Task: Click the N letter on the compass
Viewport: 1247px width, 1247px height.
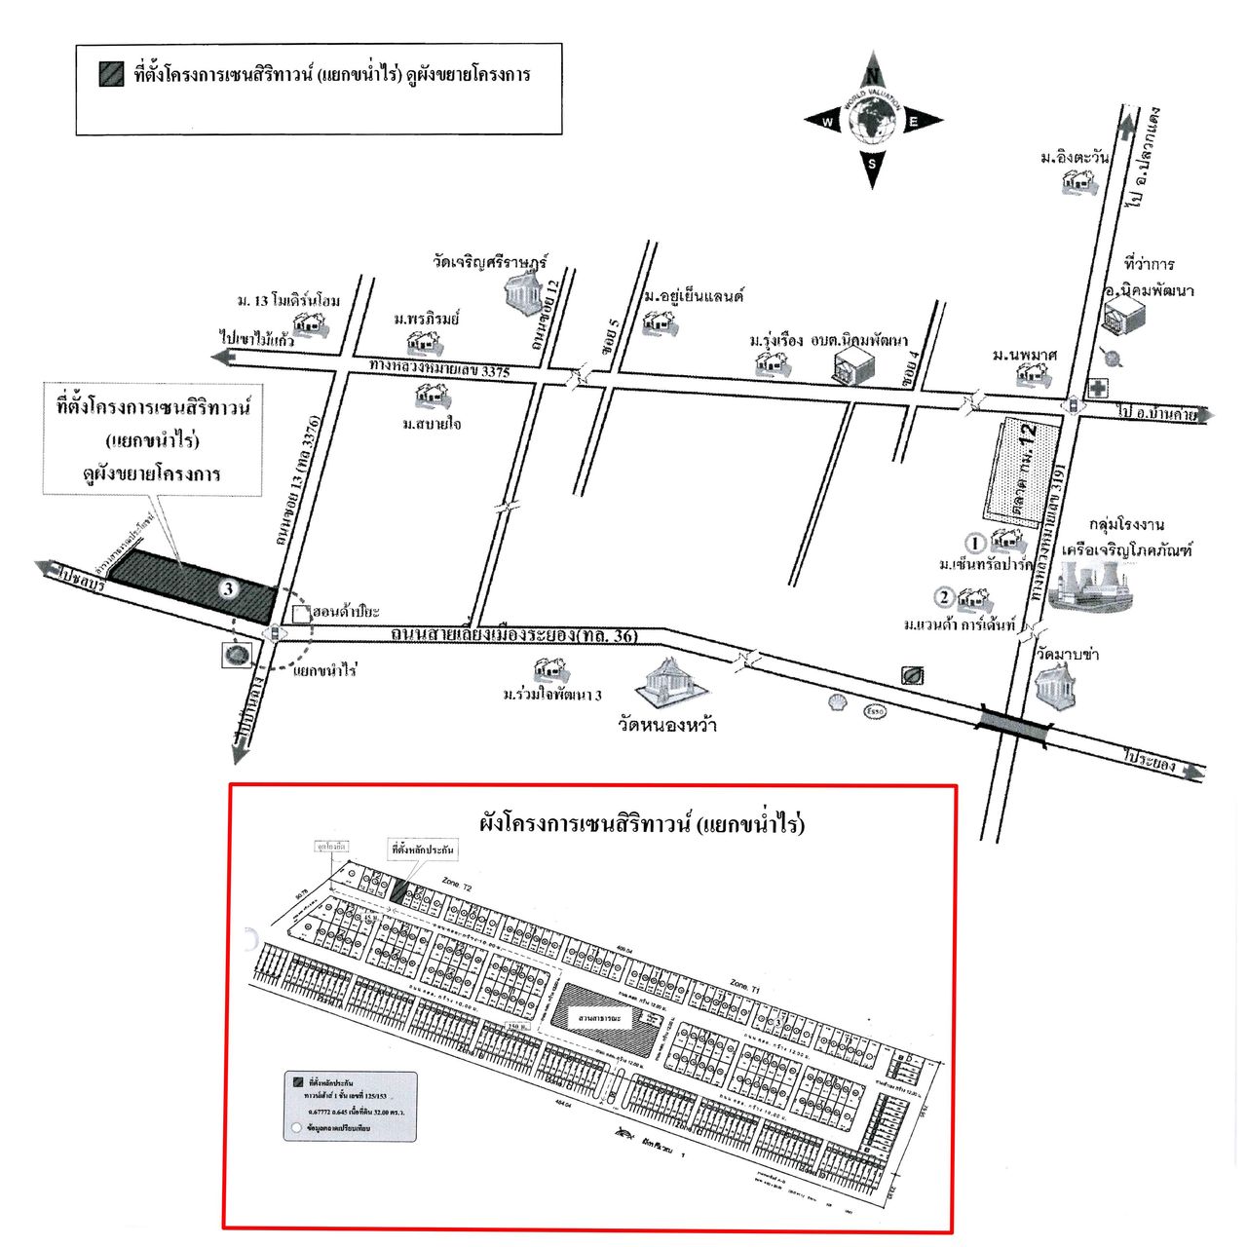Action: click(873, 76)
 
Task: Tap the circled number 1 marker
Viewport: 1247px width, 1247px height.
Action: click(974, 543)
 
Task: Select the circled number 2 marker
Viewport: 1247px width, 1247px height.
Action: click(943, 597)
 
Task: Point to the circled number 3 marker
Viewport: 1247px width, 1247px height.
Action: click(228, 588)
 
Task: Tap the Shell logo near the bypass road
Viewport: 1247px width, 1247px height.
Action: click(837, 701)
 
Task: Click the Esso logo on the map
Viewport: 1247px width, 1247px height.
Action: click(875, 712)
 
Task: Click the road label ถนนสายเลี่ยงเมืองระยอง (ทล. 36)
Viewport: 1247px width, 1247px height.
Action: click(513, 635)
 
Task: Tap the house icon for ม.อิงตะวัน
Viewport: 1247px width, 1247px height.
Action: click(1077, 182)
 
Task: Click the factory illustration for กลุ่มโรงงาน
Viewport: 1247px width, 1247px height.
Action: click(1092, 585)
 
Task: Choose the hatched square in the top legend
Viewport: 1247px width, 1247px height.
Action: click(111, 74)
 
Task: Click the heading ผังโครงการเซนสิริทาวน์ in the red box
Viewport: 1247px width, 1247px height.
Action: click(642, 823)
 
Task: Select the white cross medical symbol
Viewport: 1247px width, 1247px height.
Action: click(1098, 388)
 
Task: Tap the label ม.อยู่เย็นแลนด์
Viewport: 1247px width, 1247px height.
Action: click(693, 296)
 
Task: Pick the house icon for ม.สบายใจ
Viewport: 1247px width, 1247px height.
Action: click(431, 396)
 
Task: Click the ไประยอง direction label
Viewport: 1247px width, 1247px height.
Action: click(1149, 759)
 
